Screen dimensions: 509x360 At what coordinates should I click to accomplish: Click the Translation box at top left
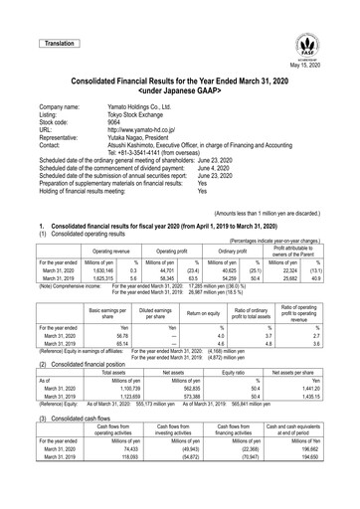coord(58,44)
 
